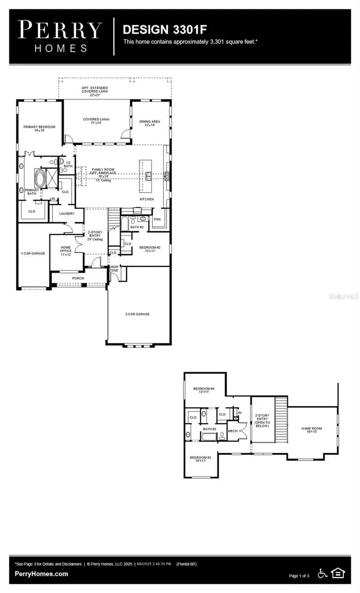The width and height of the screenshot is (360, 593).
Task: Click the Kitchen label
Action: point(146,199)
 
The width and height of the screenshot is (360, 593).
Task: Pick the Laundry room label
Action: point(67,213)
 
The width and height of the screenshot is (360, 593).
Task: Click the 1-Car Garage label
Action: point(33,253)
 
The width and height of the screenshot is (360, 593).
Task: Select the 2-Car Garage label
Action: point(137,314)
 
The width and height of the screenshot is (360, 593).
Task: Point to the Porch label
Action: point(78,278)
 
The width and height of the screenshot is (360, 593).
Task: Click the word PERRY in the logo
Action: point(61,30)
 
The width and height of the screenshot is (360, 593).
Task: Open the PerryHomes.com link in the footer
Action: point(42,574)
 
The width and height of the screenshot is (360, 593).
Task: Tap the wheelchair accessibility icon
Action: point(322,574)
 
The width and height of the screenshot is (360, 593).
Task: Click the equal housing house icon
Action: point(338,573)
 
